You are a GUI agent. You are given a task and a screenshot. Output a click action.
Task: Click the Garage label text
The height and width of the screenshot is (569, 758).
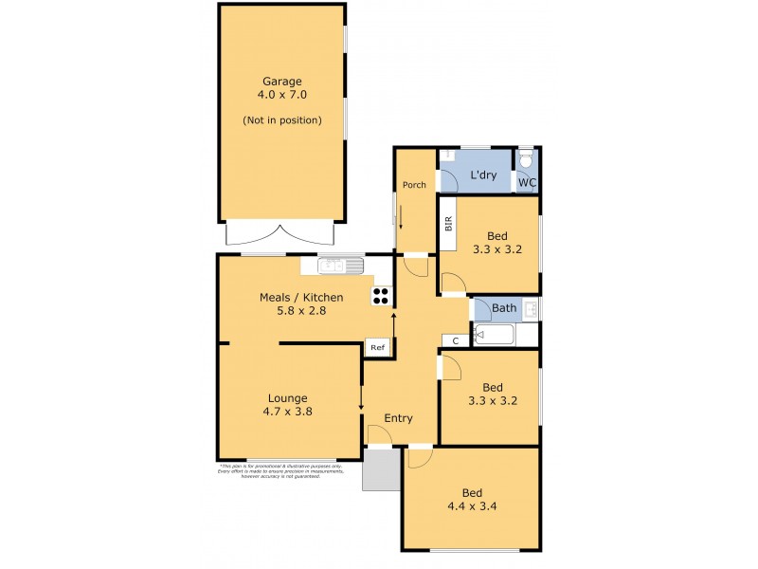(281, 81)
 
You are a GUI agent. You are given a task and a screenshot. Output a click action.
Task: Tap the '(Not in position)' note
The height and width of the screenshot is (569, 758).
(281, 119)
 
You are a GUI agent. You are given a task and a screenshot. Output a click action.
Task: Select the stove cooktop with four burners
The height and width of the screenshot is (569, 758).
(381, 295)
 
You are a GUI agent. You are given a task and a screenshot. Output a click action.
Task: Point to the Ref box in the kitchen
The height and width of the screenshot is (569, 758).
(377, 348)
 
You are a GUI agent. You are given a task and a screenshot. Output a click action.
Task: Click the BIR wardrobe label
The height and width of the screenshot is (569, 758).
(448, 224)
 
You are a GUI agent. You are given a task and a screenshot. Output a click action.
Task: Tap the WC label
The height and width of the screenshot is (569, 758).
(526, 182)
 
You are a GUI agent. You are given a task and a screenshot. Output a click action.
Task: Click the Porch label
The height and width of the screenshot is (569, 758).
(414, 185)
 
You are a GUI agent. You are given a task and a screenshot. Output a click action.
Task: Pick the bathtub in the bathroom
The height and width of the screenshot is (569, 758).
(493, 335)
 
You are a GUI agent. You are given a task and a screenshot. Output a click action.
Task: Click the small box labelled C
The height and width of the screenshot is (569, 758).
(455, 340)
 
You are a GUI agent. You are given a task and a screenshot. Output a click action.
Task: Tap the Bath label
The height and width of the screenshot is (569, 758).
(504, 307)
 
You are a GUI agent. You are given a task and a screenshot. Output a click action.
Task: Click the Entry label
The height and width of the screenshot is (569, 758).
(398, 418)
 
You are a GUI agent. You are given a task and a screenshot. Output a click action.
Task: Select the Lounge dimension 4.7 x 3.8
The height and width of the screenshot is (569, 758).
(287, 412)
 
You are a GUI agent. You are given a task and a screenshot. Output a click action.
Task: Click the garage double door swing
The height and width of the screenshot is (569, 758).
(281, 232)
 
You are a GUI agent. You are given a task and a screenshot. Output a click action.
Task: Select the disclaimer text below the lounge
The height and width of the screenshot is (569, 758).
(269, 471)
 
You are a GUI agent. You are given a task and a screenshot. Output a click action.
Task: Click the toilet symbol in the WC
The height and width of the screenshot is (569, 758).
(527, 158)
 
